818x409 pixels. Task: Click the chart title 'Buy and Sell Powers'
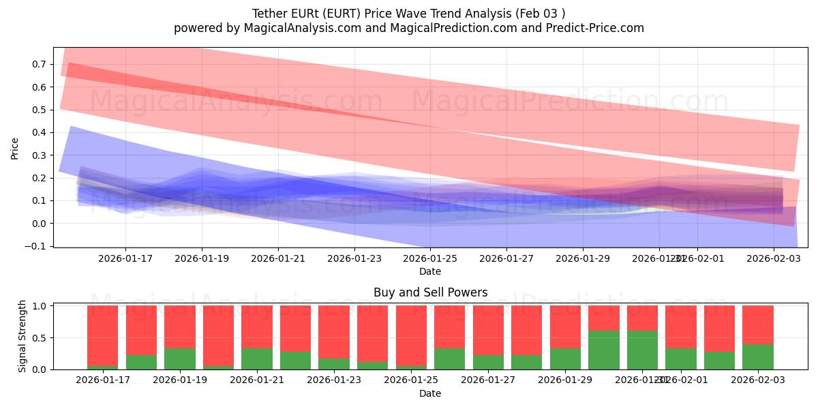click(x=430, y=292)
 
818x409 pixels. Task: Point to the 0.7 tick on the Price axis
click(x=37, y=64)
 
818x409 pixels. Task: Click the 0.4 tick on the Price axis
click(x=37, y=132)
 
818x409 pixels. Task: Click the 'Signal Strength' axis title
click(x=22, y=336)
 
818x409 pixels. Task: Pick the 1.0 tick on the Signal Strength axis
click(x=37, y=306)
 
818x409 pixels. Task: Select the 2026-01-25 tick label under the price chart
click(x=430, y=258)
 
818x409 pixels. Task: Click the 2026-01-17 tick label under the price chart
click(x=125, y=258)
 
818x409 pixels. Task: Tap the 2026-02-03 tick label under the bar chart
click(x=758, y=380)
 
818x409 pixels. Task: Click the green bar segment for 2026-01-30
click(x=604, y=350)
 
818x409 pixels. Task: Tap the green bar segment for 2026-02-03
click(x=758, y=357)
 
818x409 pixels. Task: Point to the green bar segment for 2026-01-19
click(x=180, y=359)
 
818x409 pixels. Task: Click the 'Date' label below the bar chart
click(x=430, y=393)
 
